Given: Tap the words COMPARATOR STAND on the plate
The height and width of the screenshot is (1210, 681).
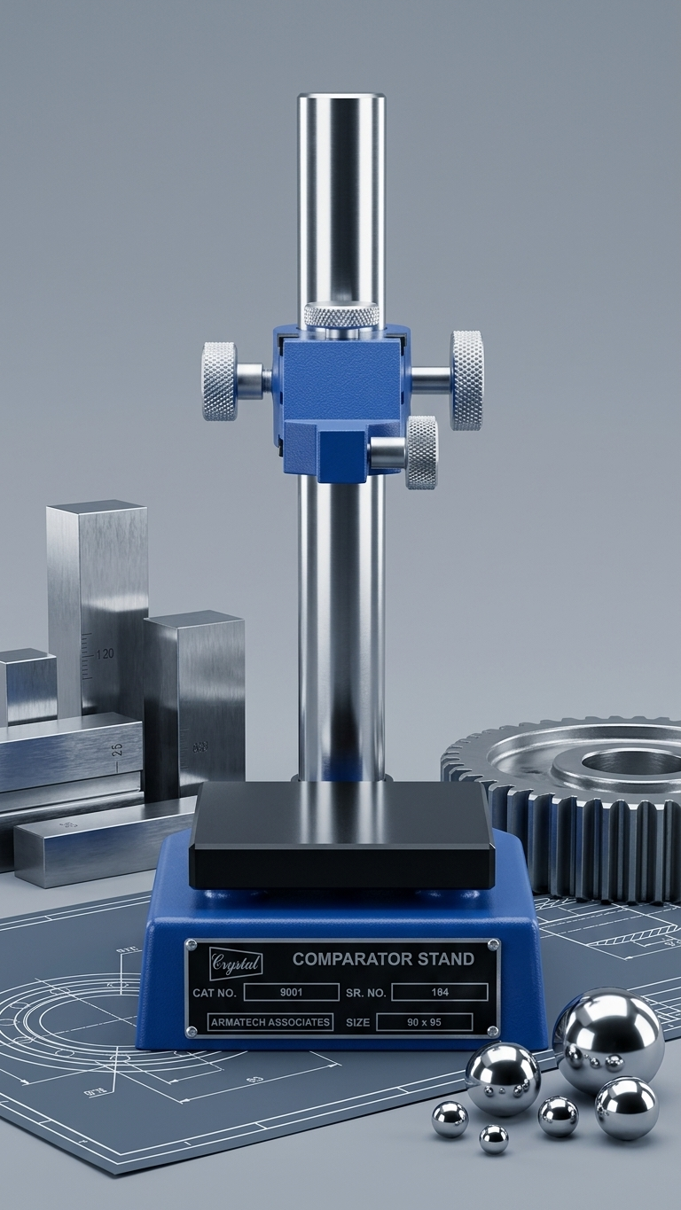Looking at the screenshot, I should (383, 959).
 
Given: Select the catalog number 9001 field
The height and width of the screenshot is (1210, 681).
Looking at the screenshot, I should (291, 992).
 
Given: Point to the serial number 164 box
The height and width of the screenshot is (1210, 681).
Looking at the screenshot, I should (439, 992).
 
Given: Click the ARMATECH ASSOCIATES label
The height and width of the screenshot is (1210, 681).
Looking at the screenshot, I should (270, 1022).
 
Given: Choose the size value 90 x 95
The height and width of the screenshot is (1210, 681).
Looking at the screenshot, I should (424, 1022).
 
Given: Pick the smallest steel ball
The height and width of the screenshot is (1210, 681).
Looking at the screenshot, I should (494, 1138).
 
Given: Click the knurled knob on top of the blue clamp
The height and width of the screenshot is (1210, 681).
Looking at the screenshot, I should (340, 315).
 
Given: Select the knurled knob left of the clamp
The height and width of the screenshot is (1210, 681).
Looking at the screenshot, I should (219, 380).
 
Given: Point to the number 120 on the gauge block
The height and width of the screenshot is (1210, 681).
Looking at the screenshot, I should (104, 653).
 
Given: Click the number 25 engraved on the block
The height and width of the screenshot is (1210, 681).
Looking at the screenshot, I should (117, 747).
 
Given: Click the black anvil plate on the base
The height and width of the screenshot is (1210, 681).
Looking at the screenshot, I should (341, 833).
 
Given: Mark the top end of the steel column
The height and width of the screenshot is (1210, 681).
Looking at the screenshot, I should (341, 99).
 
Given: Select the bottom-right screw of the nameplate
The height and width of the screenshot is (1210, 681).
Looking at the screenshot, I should (491, 1031).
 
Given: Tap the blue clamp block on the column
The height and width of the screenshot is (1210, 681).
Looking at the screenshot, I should (341, 390).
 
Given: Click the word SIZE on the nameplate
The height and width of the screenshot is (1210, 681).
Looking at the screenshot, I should (358, 1022).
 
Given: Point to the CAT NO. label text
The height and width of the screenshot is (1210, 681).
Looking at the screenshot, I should (215, 993).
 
